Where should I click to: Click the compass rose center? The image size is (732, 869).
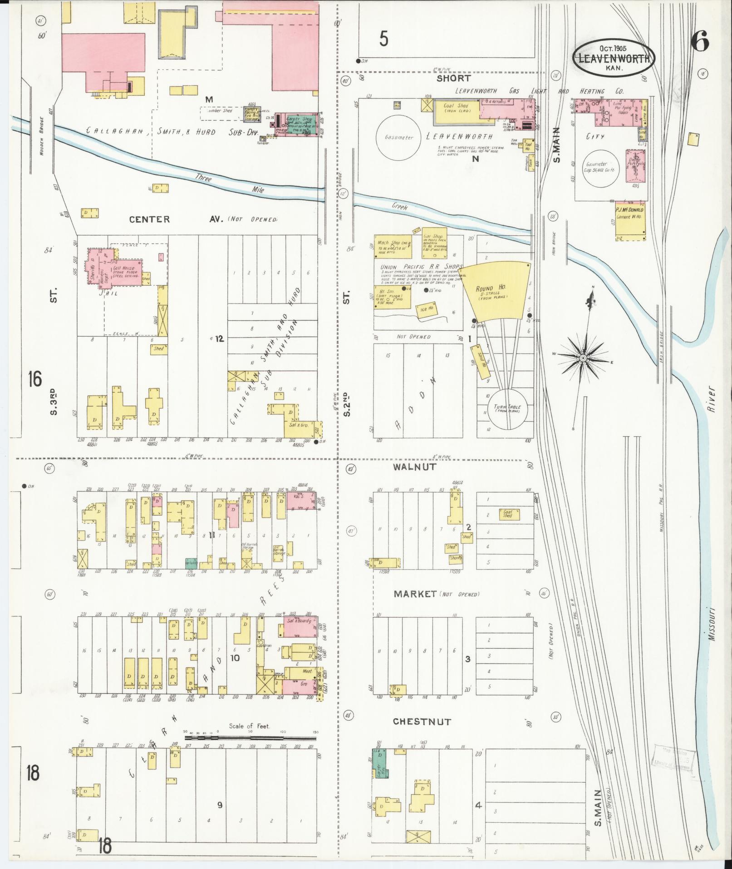coord(583,358)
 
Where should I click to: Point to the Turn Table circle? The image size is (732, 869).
coord(508,409)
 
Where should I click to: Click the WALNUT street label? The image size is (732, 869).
coord(415,467)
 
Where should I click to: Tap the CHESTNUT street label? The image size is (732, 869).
coord(422,721)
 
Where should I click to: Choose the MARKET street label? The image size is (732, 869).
coord(415,594)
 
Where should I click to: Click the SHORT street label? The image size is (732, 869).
coord(453,78)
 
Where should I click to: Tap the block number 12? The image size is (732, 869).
coord(220,338)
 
